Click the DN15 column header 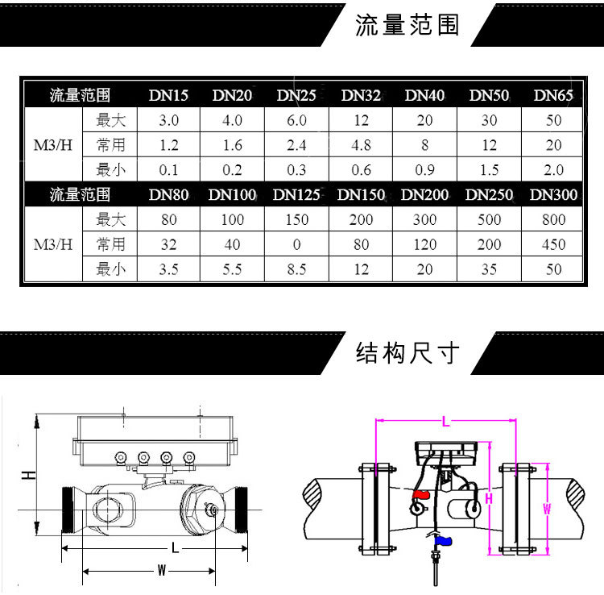168,95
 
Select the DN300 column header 553,194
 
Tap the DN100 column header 232,194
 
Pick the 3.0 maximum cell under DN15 168,120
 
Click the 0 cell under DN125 296,244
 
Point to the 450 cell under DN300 553,244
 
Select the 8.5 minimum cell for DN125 296,269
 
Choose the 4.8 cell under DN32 361,145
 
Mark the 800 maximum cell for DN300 553,219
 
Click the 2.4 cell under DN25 296,145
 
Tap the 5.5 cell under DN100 232,269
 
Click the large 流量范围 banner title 407,25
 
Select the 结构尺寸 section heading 407,352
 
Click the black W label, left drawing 161,571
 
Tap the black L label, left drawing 175,547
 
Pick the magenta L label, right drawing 446,419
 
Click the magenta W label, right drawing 547,509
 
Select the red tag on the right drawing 421,494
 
